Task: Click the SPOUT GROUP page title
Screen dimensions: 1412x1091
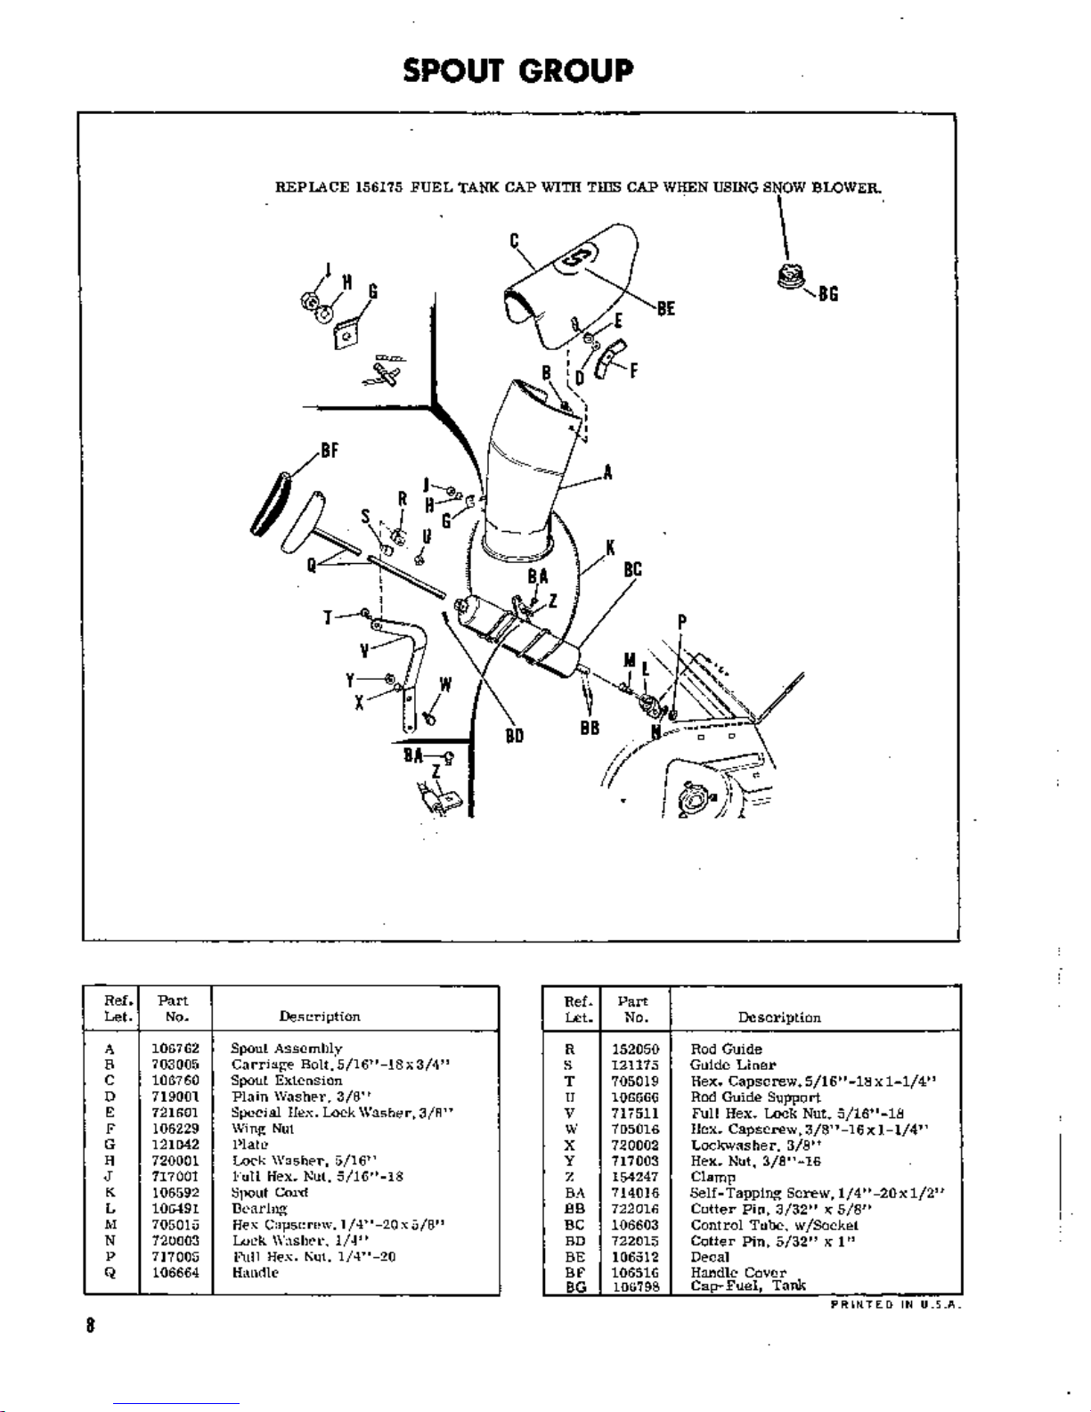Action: [x=517, y=70]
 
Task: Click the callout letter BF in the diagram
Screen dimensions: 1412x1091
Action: [x=329, y=451]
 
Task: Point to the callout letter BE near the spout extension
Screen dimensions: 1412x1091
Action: [x=665, y=309]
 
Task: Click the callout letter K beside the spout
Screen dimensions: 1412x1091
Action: [x=610, y=548]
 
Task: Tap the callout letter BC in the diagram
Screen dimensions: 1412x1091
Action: [x=632, y=569]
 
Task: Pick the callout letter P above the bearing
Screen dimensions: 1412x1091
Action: [x=681, y=622]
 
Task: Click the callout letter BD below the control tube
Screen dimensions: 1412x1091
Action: [x=514, y=736]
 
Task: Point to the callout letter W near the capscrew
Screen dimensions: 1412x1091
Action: [x=444, y=685]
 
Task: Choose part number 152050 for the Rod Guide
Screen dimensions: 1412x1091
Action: [x=635, y=1049]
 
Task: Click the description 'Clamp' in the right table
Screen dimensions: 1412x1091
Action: [x=712, y=1177]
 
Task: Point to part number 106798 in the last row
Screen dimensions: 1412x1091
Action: [x=635, y=1286]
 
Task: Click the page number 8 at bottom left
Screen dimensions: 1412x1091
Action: [x=89, y=1325]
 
